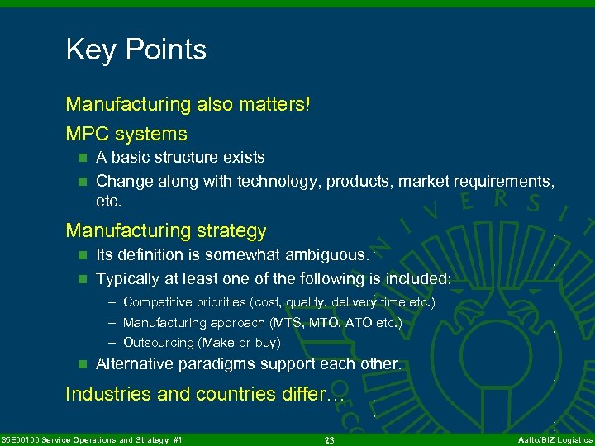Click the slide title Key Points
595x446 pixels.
point(136,50)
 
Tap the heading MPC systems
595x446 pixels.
point(126,134)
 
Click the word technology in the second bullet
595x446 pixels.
point(277,180)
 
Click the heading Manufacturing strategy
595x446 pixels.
point(166,230)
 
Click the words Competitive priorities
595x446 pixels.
point(185,302)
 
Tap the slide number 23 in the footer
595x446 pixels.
point(329,440)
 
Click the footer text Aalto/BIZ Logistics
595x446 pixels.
point(551,440)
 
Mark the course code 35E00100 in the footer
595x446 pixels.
point(25,440)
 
